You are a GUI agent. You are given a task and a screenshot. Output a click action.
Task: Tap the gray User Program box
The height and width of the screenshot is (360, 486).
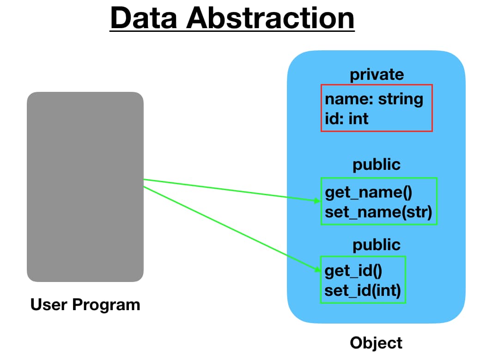(85, 186)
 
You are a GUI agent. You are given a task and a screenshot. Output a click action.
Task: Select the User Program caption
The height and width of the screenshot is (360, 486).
(85, 305)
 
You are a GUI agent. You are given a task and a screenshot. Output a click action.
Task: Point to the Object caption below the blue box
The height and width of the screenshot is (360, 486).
(376, 343)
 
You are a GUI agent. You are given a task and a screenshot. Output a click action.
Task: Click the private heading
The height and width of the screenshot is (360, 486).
(377, 74)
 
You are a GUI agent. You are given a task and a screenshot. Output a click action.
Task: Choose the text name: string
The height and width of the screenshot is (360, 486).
(374, 99)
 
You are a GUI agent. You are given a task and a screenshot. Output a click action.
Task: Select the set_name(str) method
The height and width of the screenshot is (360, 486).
(378, 212)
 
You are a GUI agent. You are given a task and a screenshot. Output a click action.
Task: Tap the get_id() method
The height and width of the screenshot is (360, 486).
(353, 270)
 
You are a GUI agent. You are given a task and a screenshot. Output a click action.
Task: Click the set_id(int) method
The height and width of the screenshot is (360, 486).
(363, 291)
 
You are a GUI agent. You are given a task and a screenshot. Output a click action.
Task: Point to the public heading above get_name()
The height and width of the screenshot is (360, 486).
(377, 165)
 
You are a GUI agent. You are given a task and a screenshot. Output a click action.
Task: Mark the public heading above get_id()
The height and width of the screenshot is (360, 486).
(377, 245)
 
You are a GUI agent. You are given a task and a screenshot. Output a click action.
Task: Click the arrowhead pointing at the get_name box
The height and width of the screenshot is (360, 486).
(317, 200)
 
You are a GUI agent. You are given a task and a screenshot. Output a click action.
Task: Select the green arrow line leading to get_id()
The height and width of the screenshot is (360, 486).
(231, 228)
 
